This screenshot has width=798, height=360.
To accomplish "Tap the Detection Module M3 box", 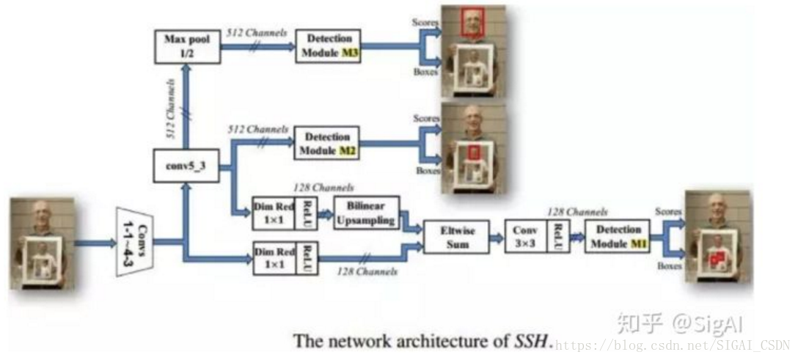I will pyautogui.click(x=328, y=45).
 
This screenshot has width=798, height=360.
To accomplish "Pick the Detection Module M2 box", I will pyautogui.click(x=326, y=144).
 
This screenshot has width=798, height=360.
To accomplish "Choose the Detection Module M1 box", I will pyautogui.click(x=618, y=236).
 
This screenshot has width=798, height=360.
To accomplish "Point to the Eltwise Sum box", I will pyautogui.click(x=456, y=236).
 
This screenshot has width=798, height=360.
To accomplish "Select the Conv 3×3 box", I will pyautogui.click(x=525, y=236).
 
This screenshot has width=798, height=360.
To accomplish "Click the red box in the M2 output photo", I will pyautogui.click(x=475, y=152).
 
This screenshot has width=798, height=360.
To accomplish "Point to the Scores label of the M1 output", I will pyautogui.click(x=667, y=210).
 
